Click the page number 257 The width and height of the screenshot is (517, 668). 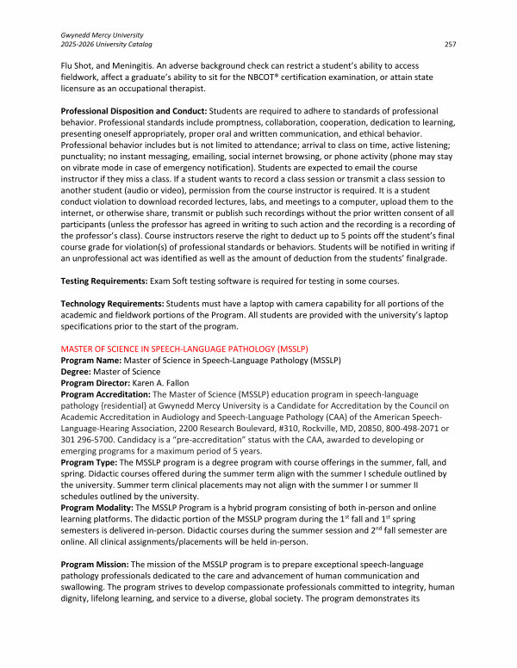pos(449,43)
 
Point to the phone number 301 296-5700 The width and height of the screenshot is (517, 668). pos(87,439)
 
